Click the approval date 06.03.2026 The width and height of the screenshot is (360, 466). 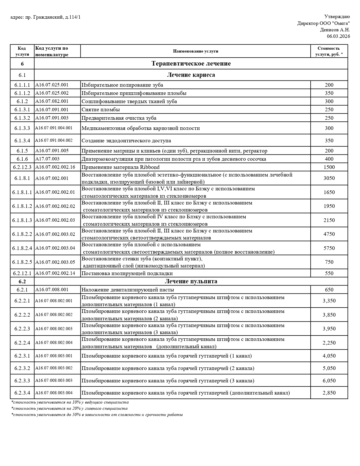click(338, 36)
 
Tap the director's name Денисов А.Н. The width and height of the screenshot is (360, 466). click(335, 30)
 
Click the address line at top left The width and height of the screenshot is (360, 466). click(45, 18)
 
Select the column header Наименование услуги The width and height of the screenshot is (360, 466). click(195, 51)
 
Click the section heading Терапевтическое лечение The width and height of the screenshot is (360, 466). click(191, 64)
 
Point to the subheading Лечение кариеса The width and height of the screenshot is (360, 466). click(191, 75)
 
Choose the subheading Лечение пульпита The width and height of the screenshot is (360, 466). click(191, 281)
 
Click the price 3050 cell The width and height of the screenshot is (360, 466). click(329, 178)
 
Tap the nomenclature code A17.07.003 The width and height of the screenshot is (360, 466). click(47, 159)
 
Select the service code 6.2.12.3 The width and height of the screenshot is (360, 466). click(22, 167)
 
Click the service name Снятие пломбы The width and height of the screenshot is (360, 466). click(101, 110)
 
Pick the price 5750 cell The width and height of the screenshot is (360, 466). click(329, 248)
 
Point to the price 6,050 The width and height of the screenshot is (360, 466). click(329, 381)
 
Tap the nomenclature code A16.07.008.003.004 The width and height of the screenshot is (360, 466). click(54, 393)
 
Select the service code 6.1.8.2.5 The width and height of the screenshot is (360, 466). click(22, 262)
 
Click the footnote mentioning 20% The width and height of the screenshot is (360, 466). click(69, 408)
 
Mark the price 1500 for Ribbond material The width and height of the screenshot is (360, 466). click(329, 167)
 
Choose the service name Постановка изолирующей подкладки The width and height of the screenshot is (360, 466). click(127, 273)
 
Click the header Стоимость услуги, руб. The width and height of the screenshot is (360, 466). click(329, 51)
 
